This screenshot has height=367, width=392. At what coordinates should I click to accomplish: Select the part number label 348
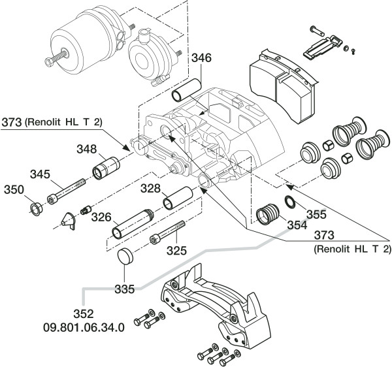click(x=88, y=150)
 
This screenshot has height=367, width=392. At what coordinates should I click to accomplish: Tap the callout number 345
click(x=39, y=174)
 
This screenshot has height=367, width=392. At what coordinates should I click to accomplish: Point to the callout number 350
click(x=13, y=190)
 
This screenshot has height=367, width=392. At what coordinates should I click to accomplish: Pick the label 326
click(x=101, y=215)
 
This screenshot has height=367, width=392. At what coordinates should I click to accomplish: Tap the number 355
click(x=316, y=213)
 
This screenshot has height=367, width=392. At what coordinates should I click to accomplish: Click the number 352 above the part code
click(x=83, y=314)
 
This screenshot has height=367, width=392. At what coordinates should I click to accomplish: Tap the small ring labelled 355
click(x=288, y=200)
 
